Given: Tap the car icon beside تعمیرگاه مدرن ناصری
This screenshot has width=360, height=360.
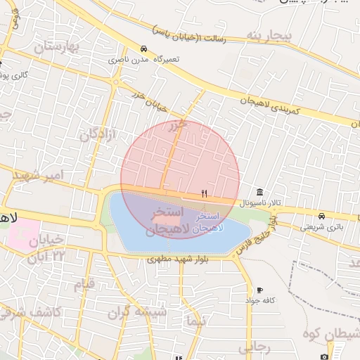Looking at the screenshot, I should (x=143, y=49).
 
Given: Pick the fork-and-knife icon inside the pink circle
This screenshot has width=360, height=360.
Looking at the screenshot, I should (x=204, y=193).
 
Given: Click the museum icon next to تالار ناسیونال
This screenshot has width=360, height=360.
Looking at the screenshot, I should (x=260, y=193).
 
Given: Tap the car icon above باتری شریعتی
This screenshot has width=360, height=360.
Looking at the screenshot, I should (x=321, y=216).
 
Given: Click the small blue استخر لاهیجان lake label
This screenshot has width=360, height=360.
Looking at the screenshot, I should (x=209, y=221).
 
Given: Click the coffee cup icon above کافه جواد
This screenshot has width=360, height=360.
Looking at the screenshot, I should (x=260, y=290).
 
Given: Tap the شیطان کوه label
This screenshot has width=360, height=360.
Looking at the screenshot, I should (x=330, y=335).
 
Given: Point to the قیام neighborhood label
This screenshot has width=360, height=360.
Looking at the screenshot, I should (x=84, y=285).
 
